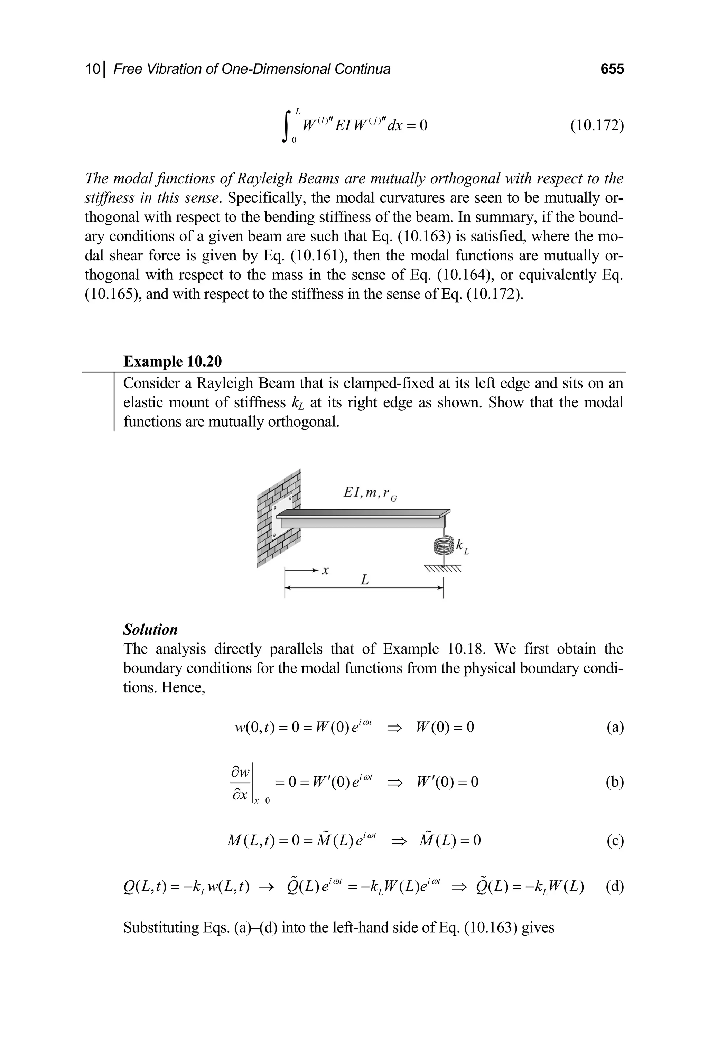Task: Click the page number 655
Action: click(x=612, y=69)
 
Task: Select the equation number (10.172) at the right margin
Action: click(x=596, y=126)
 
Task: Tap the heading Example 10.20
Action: click(x=173, y=362)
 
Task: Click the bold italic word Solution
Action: click(x=150, y=630)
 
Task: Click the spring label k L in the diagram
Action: click(x=462, y=547)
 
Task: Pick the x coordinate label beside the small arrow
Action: click(x=325, y=571)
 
